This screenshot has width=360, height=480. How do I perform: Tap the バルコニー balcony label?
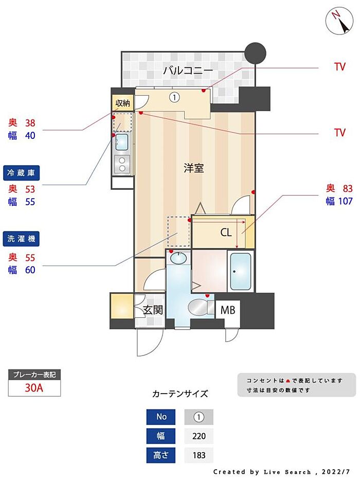point(188,70)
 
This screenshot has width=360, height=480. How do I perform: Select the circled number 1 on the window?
point(175,97)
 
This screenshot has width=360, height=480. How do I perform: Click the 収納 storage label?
point(123,103)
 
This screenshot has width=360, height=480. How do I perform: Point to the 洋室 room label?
point(193,168)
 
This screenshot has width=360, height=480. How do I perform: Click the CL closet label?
point(226,233)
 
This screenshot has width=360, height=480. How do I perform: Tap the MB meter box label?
point(228,310)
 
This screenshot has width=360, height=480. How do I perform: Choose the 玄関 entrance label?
point(153,310)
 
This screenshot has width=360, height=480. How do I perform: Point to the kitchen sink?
point(122,140)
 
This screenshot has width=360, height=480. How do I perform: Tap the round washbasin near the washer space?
point(178,258)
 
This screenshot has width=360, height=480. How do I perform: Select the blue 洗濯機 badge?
point(22,239)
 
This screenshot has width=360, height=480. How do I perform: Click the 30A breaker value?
point(34,388)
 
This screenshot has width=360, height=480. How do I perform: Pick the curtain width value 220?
point(199,437)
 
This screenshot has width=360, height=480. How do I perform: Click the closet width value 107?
point(344,201)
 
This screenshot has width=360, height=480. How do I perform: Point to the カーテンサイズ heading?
point(180,394)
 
